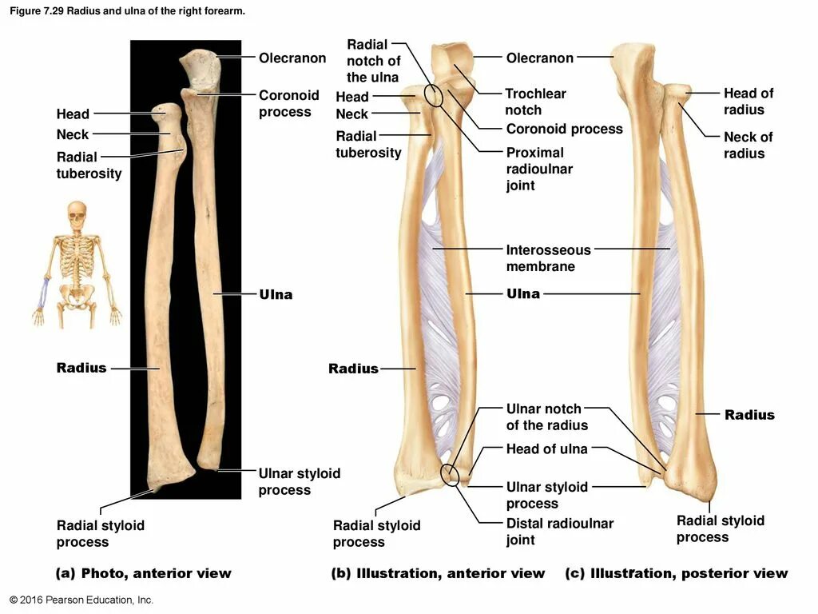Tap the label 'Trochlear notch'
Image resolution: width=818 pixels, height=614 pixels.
pos(534,102)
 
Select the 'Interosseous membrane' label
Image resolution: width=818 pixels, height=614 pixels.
pos(547,258)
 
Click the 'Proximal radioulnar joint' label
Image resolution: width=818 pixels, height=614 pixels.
pos(539,169)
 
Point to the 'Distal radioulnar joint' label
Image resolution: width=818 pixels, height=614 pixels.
pos(559,532)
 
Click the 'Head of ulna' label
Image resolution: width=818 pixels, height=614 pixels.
pos(546,449)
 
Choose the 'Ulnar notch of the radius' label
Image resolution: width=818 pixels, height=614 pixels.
pos(546,417)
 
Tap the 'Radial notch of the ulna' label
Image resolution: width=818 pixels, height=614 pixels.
pos(373,61)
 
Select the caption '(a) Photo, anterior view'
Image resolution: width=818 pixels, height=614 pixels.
pos(143,573)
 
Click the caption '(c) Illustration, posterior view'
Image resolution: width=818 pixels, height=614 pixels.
pos(676,573)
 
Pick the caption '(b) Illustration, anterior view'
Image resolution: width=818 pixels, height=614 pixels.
pos(438,573)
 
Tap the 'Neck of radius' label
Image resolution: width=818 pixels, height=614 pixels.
pos(748,145)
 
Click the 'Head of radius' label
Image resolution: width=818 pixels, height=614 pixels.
pos(748,102)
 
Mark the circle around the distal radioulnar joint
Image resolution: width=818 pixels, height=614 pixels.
pos(451,475)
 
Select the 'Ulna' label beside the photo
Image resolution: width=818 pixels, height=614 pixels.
pos(276,295)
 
